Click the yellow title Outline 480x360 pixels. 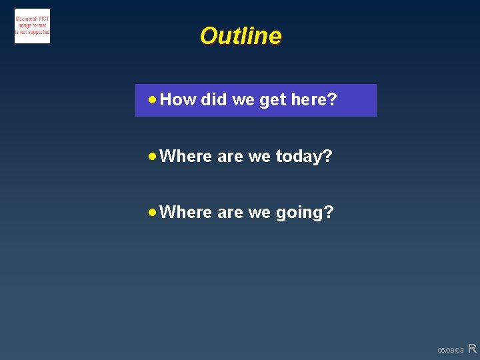tap(240, 36)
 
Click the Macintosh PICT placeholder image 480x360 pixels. tap(32, 26)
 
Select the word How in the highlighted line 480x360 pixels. tap(178, 100)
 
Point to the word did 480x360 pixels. tap(213, 100)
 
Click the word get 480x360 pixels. tap(272, 101)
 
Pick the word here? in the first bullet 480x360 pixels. tap(314, 100)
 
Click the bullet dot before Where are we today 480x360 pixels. tap(153, 156)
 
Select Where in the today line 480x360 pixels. tap(186, 156)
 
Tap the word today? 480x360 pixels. tap(304, 157)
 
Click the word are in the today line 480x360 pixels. tap(230, 157)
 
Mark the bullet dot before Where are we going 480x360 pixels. tap(153, 212)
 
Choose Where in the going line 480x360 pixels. tap(186, 212)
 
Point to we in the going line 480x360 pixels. tap(259, 213)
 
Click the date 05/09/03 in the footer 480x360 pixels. tap(450, 350)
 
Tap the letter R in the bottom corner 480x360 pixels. tap(472, 348)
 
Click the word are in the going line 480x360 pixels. tap(230, 213)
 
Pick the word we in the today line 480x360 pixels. tap(259, 157)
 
